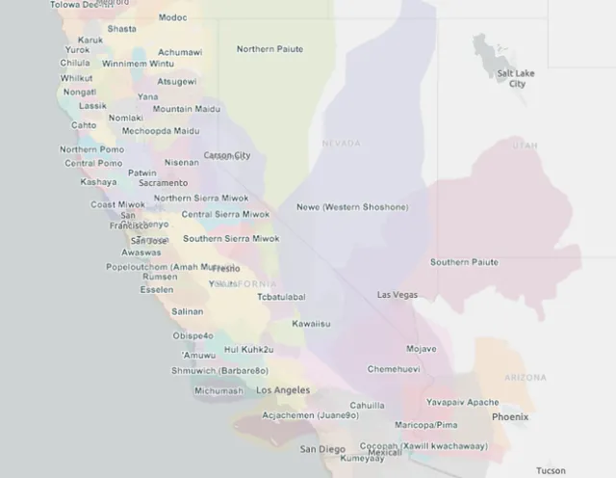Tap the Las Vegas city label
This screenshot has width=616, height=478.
coord(398,294)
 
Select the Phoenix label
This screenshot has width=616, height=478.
coord(510,416)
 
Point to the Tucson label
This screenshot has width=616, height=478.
coord(552,470)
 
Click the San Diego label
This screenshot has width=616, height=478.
coord(322,449)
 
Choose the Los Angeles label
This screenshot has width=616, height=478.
coord(283,390)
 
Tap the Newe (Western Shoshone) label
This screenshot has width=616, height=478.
coord(352,207)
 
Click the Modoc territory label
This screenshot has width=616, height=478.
coord(173,17)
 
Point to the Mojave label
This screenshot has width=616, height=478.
coord(421,348)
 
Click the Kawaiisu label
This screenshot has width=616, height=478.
coord(311,324)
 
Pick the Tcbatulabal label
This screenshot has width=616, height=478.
coord(281,297)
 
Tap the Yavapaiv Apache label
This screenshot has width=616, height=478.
coord(463,402)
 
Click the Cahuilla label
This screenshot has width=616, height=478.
coord(367,406)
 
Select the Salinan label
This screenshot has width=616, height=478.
coord(188,311)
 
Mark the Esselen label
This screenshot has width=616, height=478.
coord(157,289)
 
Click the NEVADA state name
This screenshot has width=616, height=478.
coord(341,144)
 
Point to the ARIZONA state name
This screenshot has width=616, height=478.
coord(526,378)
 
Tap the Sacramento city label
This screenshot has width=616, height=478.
coord(164,182)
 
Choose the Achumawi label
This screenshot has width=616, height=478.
coord(180,52)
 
